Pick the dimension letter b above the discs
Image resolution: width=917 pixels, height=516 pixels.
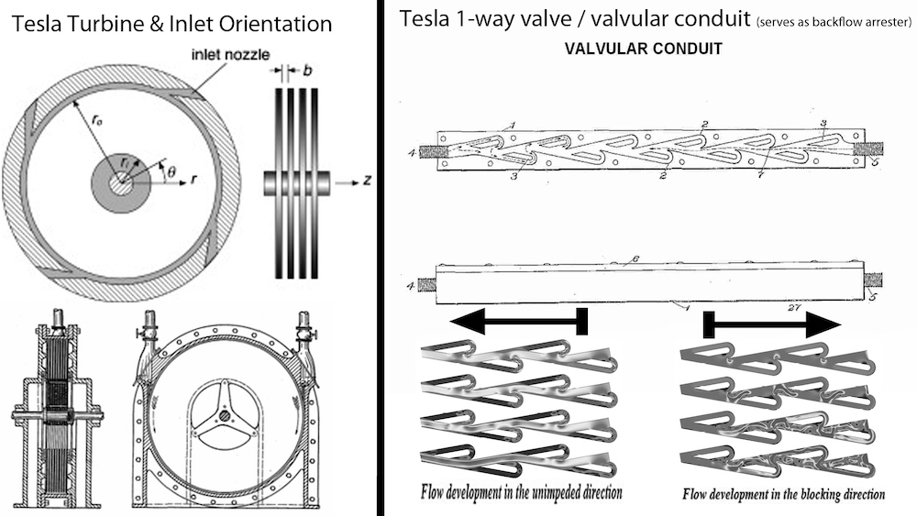click(x=305, y=69)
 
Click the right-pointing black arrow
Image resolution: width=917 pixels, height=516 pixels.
click(x=772, y=324)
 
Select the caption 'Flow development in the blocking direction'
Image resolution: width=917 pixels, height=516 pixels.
click(x=783, y=494)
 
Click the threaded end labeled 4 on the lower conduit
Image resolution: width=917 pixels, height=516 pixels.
click(x=427, y=284)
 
